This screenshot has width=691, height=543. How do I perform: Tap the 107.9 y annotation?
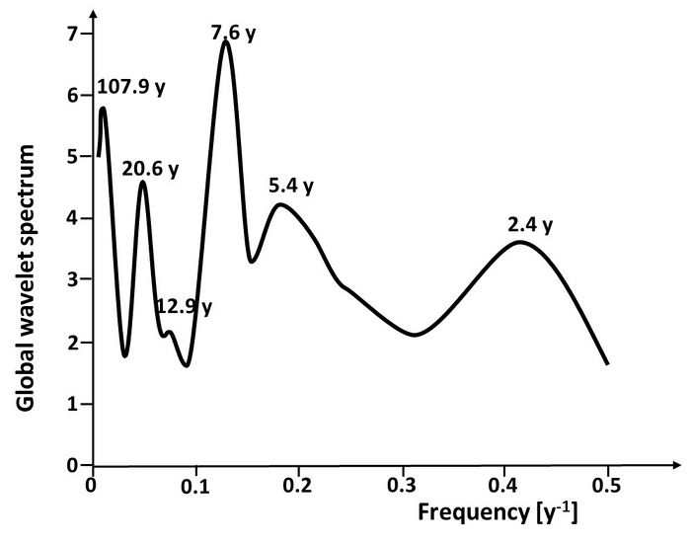pos(130,87)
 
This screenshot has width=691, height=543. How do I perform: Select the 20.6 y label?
pos(150,169)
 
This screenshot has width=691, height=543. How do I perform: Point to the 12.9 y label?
pos(184,306)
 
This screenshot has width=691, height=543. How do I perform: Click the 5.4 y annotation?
pos(290,186)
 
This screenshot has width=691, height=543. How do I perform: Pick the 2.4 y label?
pos(530,225)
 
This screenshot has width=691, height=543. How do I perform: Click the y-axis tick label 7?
pos(72,34)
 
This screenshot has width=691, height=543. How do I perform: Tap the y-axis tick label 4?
pos(72,218)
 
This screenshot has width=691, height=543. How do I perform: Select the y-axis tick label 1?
pos(72,404)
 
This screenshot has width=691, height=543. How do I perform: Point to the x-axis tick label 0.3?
pos(402,486)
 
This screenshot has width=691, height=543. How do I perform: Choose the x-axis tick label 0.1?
pos(195,486)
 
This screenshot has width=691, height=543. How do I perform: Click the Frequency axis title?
pos(498,514)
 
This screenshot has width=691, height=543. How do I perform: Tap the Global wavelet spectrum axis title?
pos(30,275)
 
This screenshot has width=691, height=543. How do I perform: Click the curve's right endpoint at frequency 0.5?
pos(608,364)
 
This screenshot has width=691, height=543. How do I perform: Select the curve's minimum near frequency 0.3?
pos(415,335)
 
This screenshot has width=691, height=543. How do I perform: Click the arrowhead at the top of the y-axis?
pos(92,12)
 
